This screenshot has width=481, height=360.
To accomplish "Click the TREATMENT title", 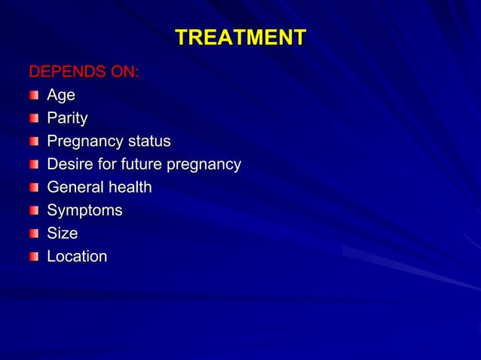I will pyautogui.click(x=240, y=38).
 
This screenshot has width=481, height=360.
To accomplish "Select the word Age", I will pyautogui.click(x=60, y=96).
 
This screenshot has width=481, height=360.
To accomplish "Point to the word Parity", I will pyautogui.click(x=67, y=118).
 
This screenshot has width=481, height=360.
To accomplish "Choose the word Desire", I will pyautogui.click(x=71, y=164).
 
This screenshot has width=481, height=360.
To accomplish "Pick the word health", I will pyautogui.click(x=130, y=188).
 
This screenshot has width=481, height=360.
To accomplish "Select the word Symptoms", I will pyautogui.click(x=84, y=211).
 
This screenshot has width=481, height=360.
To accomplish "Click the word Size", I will pyautogui.click(x=62, y=233).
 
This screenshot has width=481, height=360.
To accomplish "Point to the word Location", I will pyautogui.click(x=77, y=257).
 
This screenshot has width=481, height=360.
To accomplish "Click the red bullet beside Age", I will pyautogui.click(x=34, y=96).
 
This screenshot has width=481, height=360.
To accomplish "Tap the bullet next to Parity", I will pyautogui.click(x=34, y=119).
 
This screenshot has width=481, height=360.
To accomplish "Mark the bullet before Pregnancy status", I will pyautogui.click(x=34, y=142).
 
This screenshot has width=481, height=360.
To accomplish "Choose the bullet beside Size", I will pyautogui.click(x=34, y=234).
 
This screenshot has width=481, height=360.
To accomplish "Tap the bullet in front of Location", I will pyautogui.click(x=34, y=258).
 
